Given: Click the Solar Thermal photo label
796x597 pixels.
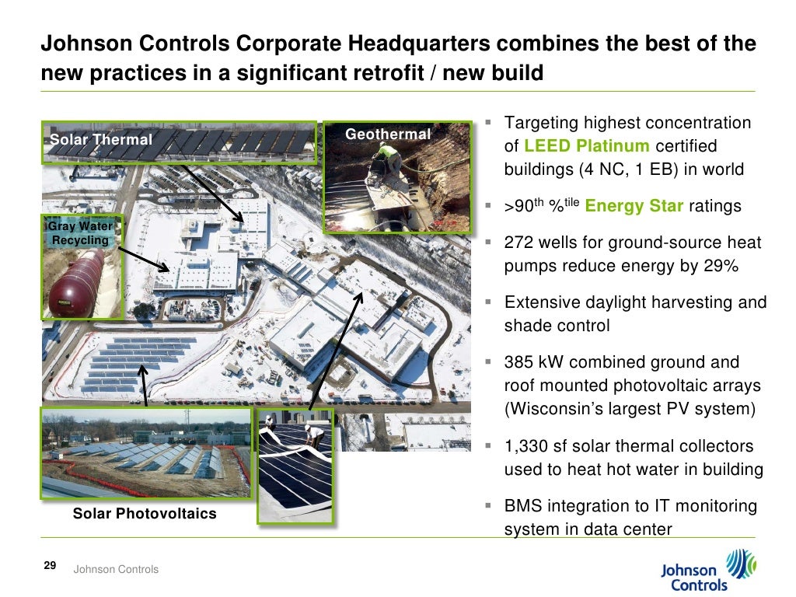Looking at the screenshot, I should [101, 140].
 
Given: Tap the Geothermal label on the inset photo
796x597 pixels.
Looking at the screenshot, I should [388, 134].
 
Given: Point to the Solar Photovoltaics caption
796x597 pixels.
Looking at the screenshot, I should [145, 514].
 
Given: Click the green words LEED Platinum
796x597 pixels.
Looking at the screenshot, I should [587, 146].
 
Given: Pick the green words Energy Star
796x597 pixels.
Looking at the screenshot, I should [634, 207].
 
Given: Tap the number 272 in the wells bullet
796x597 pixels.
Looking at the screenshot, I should [519, 243].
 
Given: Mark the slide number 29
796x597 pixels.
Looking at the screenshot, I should [49, 566].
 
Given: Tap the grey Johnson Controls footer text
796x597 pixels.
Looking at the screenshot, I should [116, 570].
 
